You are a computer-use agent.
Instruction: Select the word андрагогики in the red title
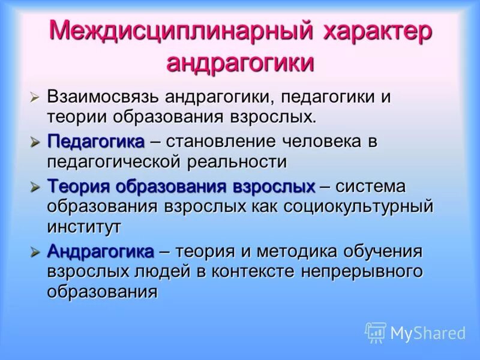point(240,62)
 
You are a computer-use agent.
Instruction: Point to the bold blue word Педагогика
point(96,142)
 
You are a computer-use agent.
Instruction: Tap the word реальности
point(238,161)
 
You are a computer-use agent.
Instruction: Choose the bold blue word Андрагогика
point(101,251)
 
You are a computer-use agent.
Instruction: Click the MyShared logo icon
point(376,332)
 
